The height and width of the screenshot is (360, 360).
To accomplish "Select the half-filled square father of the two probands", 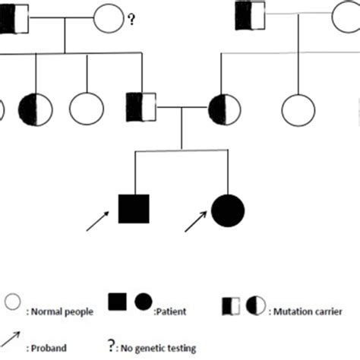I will click(x=141, y=107).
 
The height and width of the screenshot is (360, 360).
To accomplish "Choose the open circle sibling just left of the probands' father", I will click(x=86, y=107).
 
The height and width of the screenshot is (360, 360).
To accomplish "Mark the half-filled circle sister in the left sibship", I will click(x=36, y=107).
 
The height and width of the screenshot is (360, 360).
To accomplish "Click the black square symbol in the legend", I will click(x=118, y=303).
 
